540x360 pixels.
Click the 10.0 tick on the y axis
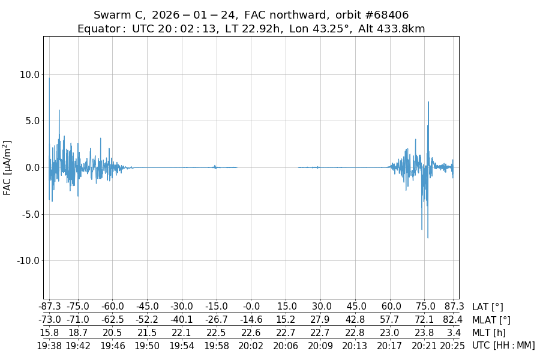point(29,74)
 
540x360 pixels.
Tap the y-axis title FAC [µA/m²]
point(8,167)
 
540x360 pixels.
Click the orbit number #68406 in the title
point(384,15)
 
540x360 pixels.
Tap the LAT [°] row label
point(487,307)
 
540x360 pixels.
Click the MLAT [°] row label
point(491,320)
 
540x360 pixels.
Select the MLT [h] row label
point(488,332)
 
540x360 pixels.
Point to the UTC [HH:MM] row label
point(503,345)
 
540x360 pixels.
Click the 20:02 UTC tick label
point(251,345)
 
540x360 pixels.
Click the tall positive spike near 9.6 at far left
point(49,79)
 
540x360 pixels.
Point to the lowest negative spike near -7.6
point(428,238)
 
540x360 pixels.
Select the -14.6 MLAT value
point(251,320)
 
